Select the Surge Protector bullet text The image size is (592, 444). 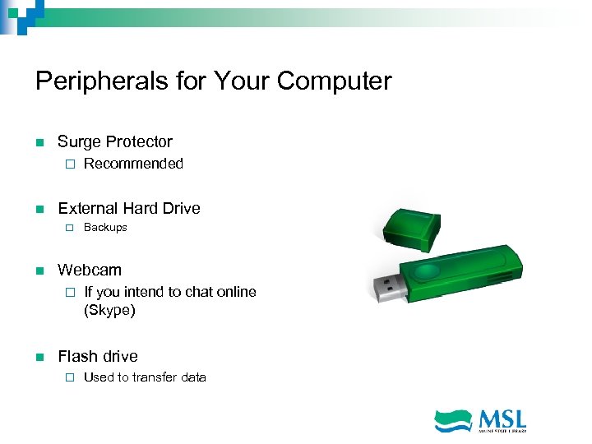(115, 142)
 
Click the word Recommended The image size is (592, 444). (133, 164)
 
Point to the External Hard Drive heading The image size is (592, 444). (129, 208)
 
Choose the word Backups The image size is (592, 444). (105, 228)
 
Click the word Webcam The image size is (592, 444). (90, 270)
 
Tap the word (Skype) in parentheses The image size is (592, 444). (109, 311)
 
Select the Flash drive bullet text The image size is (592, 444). (98, 356)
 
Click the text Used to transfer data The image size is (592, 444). (145, 377)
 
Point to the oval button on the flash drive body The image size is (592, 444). (428, 271)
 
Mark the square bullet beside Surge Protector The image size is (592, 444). (39, 143)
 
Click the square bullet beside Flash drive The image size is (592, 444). (39, 357)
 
